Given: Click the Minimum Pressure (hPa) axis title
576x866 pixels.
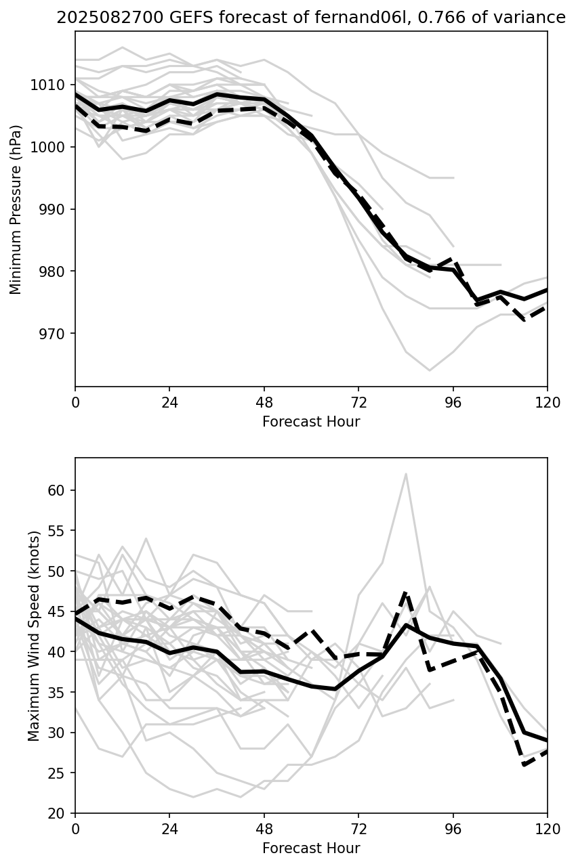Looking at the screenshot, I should pyautogui.click(x=16, y=209).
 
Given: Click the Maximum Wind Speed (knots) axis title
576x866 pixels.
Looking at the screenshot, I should pyautogui.click(x=34, y=635).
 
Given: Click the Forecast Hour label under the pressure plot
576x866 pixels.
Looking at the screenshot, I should pyautogui.click(x=311, y=422).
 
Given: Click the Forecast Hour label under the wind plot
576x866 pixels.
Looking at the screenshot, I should pyautogui.click(x=311, y=848).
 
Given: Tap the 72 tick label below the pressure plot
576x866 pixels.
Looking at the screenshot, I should pyautogui.click(x=358, y=402).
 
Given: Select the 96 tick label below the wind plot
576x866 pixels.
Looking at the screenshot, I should pyautogui.click(x=453, y=829).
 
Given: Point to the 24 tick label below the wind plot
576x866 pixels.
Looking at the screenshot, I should pyautogui.click(x=169, y=829).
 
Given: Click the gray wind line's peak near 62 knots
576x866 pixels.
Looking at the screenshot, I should pyautogui.click(x=406, y=474).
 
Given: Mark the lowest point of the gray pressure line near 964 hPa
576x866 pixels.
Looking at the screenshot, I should pyautogui.click(x=430, y=370).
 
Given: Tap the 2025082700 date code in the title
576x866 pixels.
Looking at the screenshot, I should pyautogui.click(x=98, y=18).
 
